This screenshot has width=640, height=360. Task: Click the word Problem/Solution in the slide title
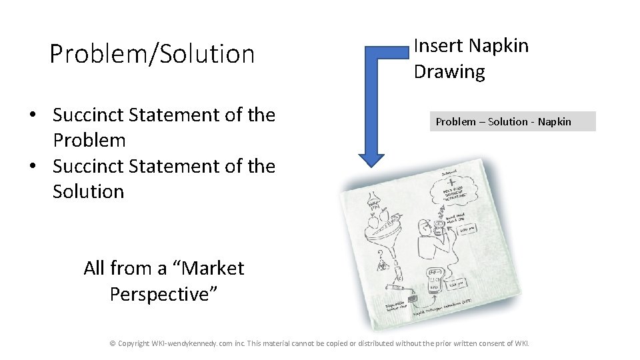coord(152,54)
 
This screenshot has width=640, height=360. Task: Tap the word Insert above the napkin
coord(437,46)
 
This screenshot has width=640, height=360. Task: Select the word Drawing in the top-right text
coord(449,71)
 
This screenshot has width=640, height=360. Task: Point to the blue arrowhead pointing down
coord(371,159)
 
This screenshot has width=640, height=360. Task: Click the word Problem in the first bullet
coord(89,141)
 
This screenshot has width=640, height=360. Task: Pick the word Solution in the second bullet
coord(88,192)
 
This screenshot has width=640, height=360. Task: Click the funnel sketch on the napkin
coord(393,253)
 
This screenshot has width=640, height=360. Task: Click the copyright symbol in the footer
coord(112,343)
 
